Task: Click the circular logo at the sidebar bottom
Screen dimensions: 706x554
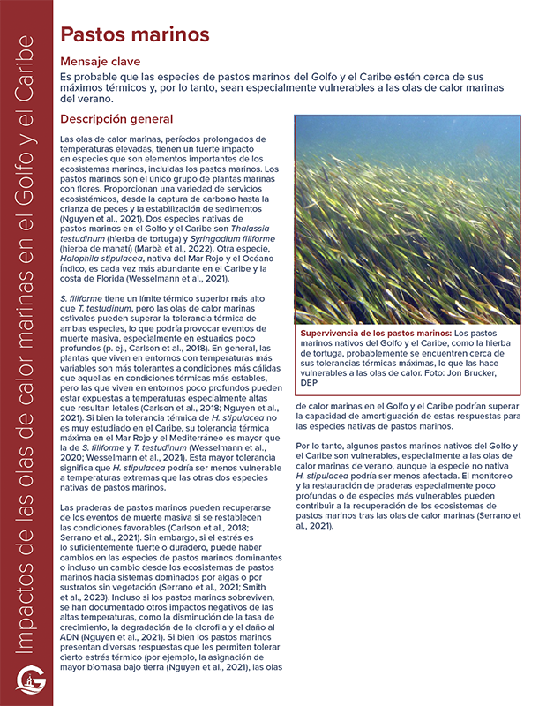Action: (x=26, y=680)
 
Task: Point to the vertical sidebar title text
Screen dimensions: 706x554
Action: (x=26, y=353)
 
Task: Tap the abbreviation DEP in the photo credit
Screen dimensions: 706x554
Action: (x=310, y=383)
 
